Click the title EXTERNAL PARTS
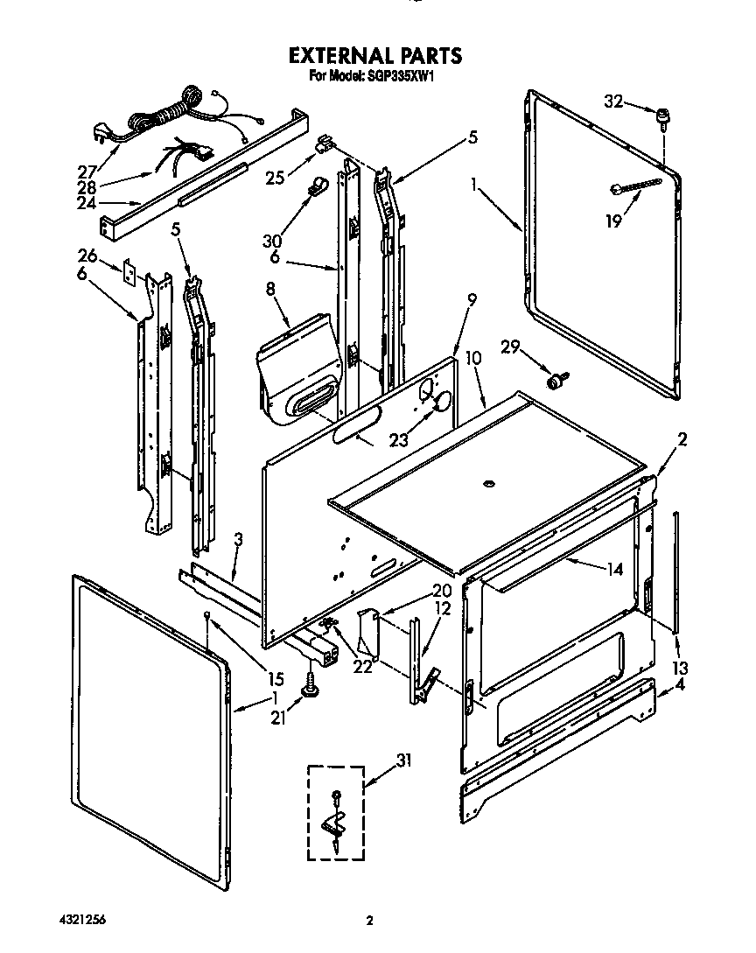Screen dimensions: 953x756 tap(375, 55)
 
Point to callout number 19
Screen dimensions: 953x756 tap(613, 221)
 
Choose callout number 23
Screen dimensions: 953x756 tap(398, 441)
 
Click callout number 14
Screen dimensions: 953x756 tap(614, 569)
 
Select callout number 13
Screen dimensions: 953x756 tap(678, 669)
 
